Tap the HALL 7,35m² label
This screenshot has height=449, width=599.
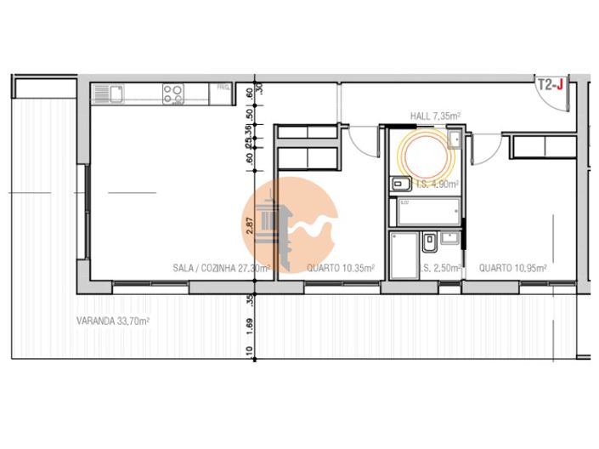click(x=437, y=115)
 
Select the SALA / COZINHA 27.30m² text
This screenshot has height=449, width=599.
click(x=221, y=268)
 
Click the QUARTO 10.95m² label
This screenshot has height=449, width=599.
click(x=512, y=268)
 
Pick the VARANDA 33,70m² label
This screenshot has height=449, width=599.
click(x=113, y=321)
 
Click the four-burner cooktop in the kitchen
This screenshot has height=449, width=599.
click(x=174, y=93)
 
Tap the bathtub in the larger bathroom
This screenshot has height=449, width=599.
click(x=426, y=210)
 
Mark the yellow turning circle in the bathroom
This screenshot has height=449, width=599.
click(x=421, y=153)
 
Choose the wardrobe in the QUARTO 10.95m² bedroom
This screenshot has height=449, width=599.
click(x=545, y=146)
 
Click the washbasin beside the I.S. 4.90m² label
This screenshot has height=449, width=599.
click(x=400, y=183)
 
